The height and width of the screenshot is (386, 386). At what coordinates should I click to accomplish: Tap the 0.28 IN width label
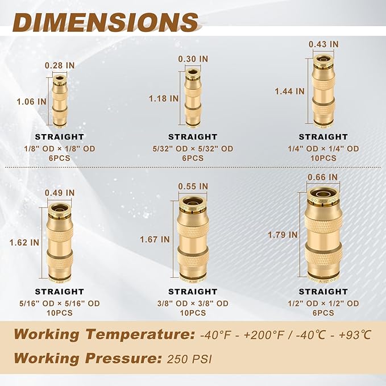click(x=60, y=65)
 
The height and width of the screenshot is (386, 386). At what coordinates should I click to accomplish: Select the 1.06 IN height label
click(x=32, y=101)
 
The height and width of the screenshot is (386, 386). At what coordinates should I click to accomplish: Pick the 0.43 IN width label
click(x=323, y=44)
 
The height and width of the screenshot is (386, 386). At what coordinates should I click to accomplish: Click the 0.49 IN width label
click(x=60, y=193)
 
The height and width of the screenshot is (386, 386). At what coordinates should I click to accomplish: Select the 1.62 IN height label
click(x=24, y=242)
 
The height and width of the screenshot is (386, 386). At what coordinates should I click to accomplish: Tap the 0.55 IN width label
click(x=193, y=186)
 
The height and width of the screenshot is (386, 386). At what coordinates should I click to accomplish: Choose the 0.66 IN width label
click(x=323, y=177)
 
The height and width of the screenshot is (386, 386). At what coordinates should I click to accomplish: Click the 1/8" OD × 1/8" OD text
click(x=60, y=148)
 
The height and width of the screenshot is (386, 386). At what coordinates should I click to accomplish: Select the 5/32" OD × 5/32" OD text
click(x=193, y=149)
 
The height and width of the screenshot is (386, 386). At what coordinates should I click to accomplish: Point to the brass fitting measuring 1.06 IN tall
click(x=59, y=101)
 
